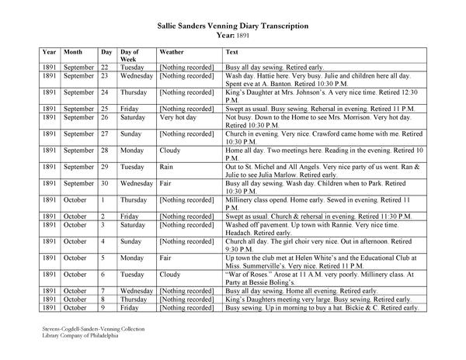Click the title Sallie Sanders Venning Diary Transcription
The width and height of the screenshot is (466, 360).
[232, 26]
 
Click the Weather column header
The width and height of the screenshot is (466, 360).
[171, 52]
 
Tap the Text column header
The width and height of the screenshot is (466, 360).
[231, 52]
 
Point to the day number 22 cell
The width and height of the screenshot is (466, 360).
[106, 67]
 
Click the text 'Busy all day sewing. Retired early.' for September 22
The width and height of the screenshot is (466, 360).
[274, 67]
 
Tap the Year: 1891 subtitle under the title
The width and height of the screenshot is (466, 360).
[232, 36]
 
